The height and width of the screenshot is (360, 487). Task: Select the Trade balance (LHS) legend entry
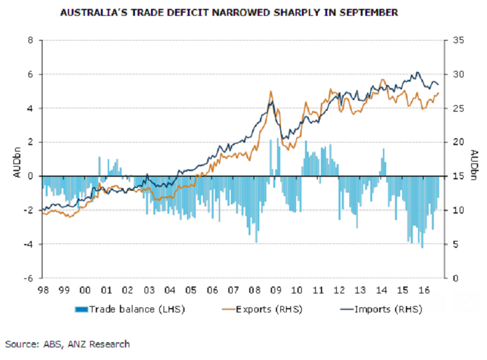(126, 309)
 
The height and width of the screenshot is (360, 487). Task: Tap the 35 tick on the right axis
(454, 41)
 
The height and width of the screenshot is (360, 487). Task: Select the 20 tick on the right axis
(454, 143)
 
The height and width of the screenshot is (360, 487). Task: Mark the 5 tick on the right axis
(451, 244)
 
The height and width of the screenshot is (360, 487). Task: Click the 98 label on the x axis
(42, 290)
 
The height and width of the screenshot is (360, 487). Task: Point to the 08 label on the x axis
(255, 290)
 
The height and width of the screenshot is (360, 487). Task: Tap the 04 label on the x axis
(170, 290)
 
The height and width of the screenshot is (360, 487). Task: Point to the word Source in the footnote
(20, 344)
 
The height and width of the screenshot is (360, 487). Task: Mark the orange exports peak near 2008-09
(271, 91)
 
